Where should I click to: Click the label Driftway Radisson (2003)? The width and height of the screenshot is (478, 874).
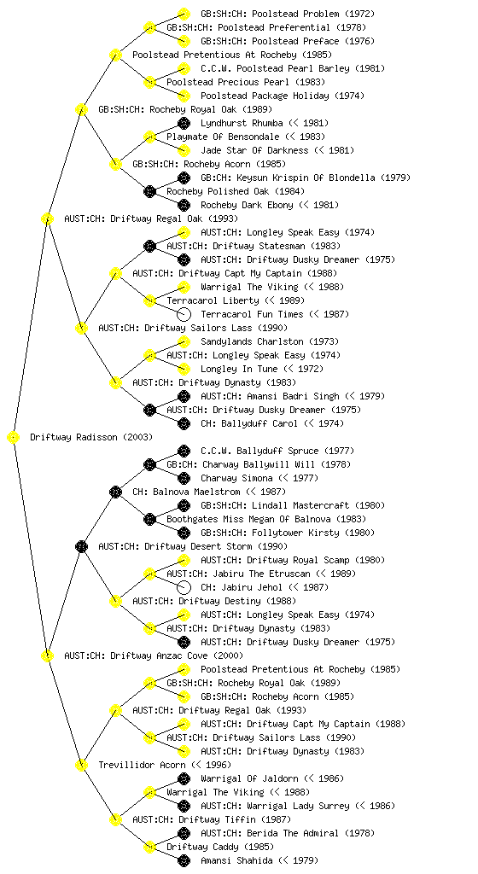[91, 437]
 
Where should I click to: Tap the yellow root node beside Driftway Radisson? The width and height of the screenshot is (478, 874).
[14, 438]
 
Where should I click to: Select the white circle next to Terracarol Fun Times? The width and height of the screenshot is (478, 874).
[184, 314]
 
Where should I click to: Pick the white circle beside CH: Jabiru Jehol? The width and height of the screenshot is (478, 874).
[184, 587]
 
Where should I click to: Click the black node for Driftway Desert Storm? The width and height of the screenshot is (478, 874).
[81, 546]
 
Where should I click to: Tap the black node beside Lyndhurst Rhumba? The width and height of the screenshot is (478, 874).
[184, 123]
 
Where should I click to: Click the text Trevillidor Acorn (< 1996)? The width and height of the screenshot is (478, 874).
[165, 765]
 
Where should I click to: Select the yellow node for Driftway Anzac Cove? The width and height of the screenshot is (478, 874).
[47, 655]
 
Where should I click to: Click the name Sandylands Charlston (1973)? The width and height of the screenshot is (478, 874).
[270, 341]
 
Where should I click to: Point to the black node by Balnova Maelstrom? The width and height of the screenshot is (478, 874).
[115, 492]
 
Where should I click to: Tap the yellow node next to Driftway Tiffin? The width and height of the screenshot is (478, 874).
[115, 819]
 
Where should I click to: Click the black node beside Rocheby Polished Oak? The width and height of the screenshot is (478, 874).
[149, 192]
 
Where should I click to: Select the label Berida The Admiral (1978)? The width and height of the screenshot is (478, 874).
[288, 833]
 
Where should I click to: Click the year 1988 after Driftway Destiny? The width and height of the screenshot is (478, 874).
[282, 601]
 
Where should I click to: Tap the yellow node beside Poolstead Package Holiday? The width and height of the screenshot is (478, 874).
[184, 96]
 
